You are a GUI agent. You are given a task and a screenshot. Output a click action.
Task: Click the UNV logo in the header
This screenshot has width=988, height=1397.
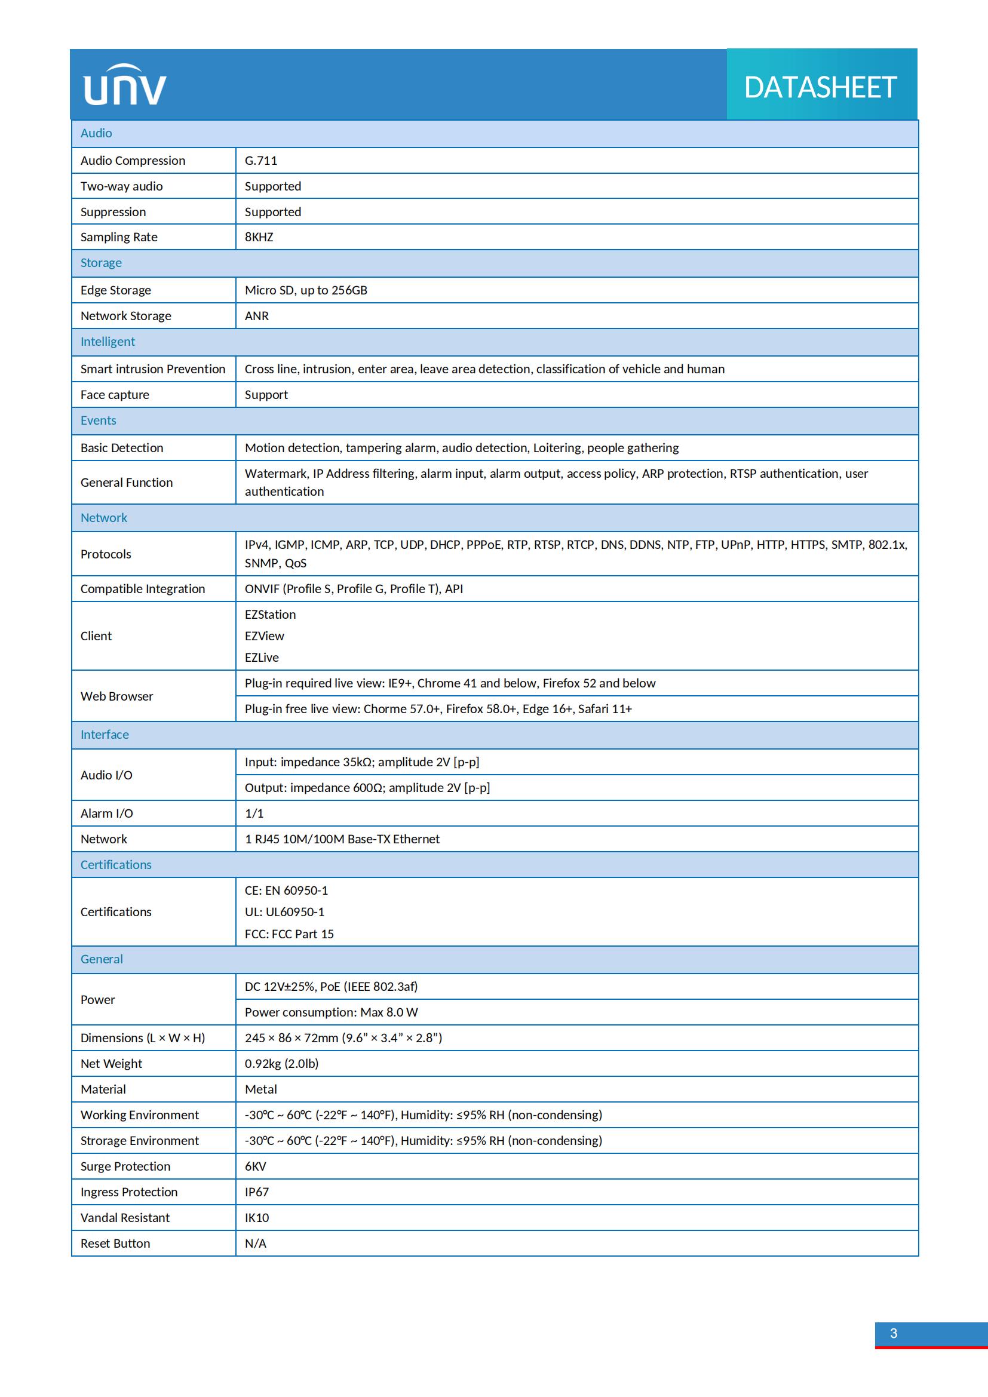125,85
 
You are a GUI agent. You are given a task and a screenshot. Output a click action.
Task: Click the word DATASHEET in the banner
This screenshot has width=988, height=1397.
820,88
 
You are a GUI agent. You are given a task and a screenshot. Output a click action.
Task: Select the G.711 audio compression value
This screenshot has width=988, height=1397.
261,161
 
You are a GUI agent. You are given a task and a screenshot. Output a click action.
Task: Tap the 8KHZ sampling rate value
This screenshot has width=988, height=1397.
259,237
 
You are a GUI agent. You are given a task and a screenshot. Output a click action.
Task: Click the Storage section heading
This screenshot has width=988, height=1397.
101,263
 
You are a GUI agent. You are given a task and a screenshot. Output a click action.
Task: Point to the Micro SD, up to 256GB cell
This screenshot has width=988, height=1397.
306,290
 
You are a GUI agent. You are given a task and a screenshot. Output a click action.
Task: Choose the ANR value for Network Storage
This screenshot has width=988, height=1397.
257,316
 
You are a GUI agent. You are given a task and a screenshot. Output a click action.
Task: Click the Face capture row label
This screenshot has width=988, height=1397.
114,395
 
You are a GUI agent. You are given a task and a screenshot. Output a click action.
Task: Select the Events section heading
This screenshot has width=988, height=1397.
98,420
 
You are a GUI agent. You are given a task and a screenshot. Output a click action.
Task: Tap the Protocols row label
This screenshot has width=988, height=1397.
106,554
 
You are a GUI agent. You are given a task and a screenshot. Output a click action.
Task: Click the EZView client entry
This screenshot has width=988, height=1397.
265,636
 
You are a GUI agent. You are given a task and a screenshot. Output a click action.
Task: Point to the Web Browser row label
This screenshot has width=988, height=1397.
117,696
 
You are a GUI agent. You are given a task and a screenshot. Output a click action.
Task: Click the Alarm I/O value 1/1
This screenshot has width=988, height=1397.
254,813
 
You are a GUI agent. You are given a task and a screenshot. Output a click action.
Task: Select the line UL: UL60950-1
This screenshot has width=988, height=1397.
285,912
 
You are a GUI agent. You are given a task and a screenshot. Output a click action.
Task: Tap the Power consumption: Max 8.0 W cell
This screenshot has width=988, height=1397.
332,1012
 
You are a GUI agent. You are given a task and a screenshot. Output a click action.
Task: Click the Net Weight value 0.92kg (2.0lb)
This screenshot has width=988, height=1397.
282,1064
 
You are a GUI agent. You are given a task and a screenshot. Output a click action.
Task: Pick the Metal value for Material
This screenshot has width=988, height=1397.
261,1089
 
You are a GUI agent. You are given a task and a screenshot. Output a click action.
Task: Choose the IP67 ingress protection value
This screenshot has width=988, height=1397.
257,1192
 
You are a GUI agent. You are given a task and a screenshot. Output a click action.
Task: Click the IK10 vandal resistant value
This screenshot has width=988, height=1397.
257,1217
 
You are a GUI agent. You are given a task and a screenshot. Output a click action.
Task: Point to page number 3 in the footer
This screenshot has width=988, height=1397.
894,1333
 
